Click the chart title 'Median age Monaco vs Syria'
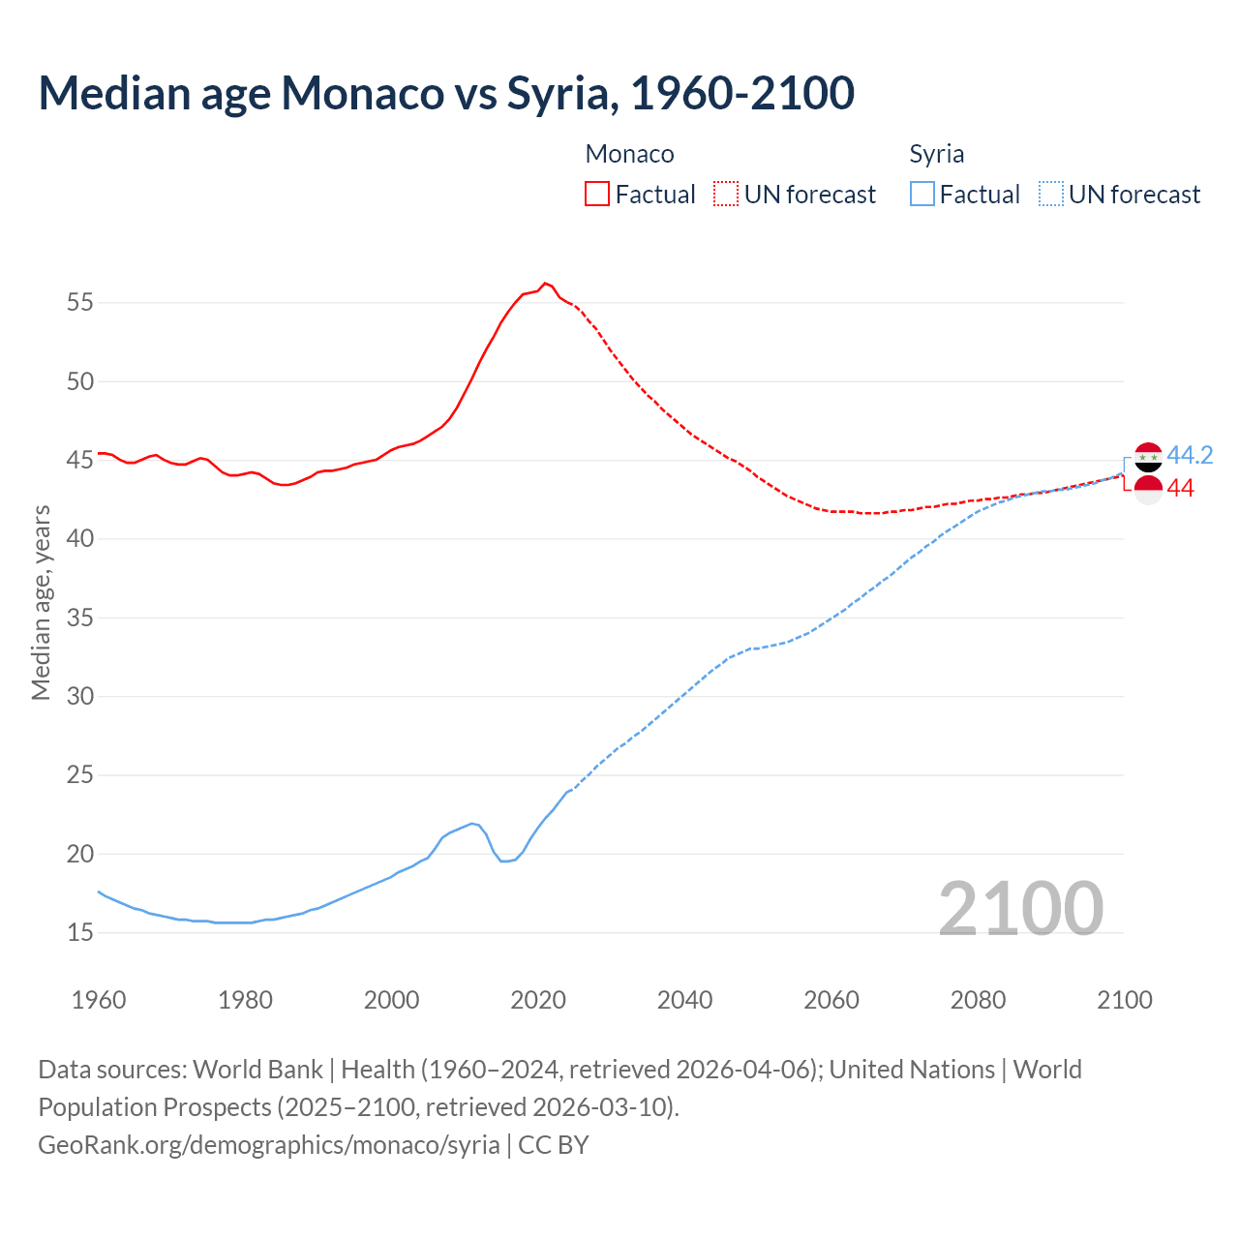tap(445, 93)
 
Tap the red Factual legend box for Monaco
tap(597, 194)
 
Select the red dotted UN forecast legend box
tap(726, 194)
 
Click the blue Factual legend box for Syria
tap(922, 194)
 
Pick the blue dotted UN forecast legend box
tap(1050, 194)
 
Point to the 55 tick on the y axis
tap(80, 302)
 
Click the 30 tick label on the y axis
tap(80, 696)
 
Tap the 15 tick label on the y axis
tap(80, 933)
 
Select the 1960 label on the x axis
tap(99, 1000)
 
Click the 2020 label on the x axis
tap(538, 1000)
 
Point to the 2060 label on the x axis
tap(831, 1000)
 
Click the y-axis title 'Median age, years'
tap(41, 602)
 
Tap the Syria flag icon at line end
tap(1148, 457)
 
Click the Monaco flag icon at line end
tap(1148, 490)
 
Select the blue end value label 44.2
tap(1190, 455)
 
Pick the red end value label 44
tap(1180, 489)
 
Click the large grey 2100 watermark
tap(1020, 908)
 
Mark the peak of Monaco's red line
tap(545, 283)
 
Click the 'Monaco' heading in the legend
tap(629, 154)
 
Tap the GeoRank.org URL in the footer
tap(269, 1144)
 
